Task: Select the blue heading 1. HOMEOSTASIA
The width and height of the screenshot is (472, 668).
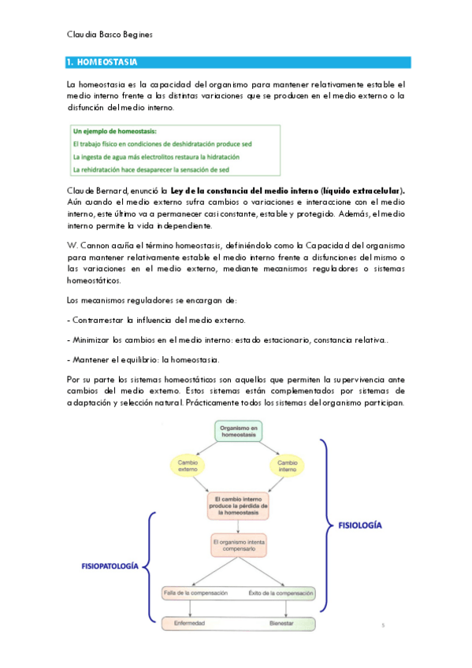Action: click(x=103, y=61)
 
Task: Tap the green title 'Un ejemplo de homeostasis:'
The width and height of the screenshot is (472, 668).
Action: click(x=113, y=131)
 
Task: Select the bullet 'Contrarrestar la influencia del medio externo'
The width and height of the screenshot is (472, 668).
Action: click(x=158, y=320)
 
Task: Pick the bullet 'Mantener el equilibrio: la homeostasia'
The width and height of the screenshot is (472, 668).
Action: click(x=144, y=359)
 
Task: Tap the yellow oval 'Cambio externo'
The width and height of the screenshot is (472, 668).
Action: click(x=188, y=465)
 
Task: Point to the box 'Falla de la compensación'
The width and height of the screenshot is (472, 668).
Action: click(x=195, y=592)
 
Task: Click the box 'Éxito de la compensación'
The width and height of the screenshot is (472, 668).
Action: click(x=281, y=592)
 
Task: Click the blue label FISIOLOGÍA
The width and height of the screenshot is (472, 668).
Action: click(x=362, y=524)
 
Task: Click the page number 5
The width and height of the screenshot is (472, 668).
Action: click(x=382, y=626)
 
